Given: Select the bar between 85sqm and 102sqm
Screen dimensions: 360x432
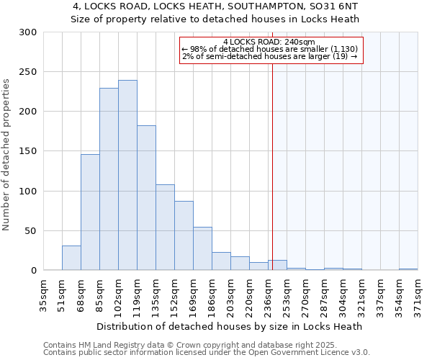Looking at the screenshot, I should click(109, 179).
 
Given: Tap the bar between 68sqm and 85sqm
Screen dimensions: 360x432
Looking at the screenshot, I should click(90, 212).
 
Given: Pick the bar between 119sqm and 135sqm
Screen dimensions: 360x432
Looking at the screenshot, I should click(146, 198).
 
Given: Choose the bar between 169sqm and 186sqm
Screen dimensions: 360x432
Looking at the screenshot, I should click(202, 249).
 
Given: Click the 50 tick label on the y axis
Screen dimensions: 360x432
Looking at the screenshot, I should click(31, 231).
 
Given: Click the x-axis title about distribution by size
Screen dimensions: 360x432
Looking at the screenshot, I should click(230, 326).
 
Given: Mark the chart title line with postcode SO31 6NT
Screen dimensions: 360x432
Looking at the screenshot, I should click(216, 6).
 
